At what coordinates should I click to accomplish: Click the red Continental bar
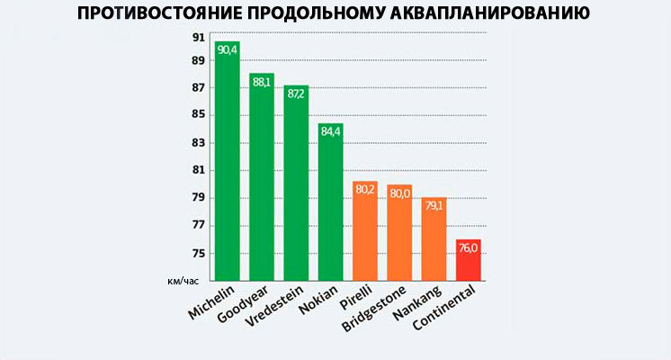click(x=469, y=261)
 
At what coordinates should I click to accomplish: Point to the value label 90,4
click(x=227, y=49)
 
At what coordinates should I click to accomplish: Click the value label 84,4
click(x=330, y=131)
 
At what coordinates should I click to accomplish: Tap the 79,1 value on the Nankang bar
click(x=434, y=205)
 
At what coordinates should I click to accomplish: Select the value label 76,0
click(x=469, y=247)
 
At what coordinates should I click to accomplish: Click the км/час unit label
click(x=183, y=282)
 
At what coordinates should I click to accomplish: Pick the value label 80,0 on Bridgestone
click(x=399, y=193)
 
